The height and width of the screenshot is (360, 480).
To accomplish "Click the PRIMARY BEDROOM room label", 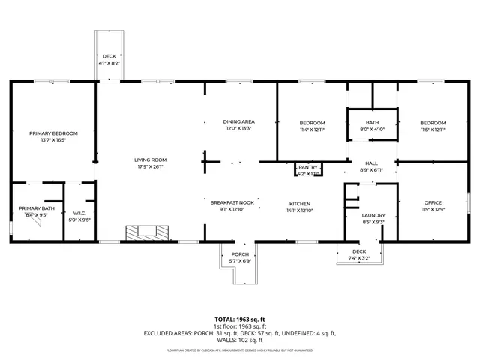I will [x=53, y=133].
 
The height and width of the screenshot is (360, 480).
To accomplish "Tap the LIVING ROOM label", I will [x=150, y=160].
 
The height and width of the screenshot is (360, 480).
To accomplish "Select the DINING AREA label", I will [x=239, y=121].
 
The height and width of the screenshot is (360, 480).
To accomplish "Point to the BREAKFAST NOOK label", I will [x=232, y=202].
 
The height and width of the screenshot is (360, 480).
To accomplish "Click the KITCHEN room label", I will [x=300, y=204].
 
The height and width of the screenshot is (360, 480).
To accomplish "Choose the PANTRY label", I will [x=308, y=167].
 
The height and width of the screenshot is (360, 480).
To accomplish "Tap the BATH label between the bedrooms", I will [x=372, y=123].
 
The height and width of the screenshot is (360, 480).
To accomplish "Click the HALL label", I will [x=371, y=163].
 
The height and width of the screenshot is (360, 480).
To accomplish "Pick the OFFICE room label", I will [x=433, y=203].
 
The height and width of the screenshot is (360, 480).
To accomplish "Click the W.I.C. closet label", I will [x=79, y=214].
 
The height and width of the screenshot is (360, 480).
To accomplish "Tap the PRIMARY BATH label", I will [x=37, y=208].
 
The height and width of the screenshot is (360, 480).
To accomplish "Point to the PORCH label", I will [x=240, y=254].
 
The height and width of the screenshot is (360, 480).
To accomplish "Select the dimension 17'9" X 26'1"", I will [x=150, y=166].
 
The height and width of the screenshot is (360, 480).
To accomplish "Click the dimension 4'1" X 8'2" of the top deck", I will [x=109, y=64].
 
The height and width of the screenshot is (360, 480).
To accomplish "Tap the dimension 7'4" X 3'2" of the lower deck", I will [x=359, y=258].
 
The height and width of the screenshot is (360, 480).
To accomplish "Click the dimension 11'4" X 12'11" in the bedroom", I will [x=312, y=130].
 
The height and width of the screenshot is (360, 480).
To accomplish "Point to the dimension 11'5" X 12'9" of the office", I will [x=433, y=210].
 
